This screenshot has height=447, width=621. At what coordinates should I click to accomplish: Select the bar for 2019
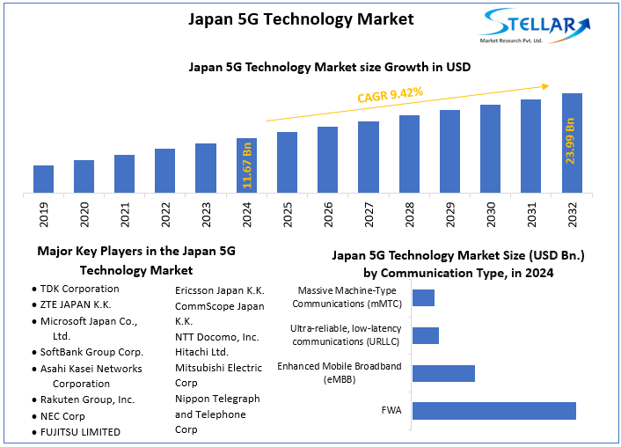coord(43,179)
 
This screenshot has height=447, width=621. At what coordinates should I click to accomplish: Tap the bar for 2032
coord(572,143)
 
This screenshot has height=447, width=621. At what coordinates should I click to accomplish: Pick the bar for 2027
coord(369,157)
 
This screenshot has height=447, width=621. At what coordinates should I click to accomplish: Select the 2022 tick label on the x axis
coord(165,215)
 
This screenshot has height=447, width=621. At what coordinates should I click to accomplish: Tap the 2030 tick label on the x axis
coord(491,215)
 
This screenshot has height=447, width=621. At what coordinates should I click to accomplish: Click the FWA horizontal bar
coord(493,411)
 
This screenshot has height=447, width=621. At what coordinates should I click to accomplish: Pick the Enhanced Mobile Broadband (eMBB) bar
coord(443,373)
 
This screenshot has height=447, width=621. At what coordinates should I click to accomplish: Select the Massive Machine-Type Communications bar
coord(423,297)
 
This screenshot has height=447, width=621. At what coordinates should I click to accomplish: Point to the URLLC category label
coord(346,335)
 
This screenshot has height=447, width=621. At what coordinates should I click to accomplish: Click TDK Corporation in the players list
coord(79,289)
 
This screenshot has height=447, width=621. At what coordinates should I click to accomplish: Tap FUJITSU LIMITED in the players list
coord(80,432)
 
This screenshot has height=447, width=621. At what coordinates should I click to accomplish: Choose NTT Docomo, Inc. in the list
coord(216,337)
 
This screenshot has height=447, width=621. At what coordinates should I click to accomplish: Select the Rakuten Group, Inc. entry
coord(87,399)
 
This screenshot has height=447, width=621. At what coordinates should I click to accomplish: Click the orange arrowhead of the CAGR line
coord(545,86)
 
